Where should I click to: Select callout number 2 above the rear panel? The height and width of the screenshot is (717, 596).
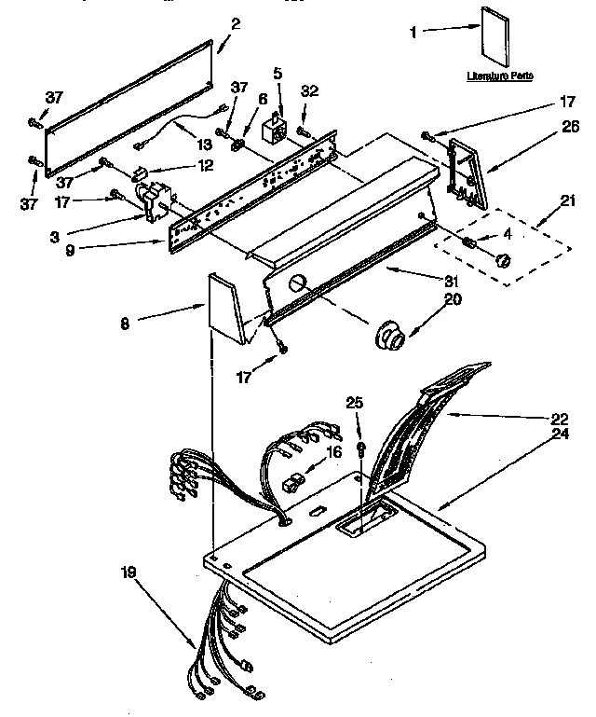tap(235, 23)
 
